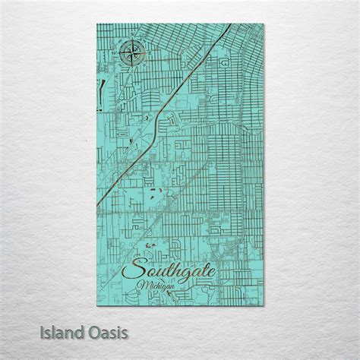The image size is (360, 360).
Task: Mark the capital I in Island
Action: [x=44, y=333]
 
